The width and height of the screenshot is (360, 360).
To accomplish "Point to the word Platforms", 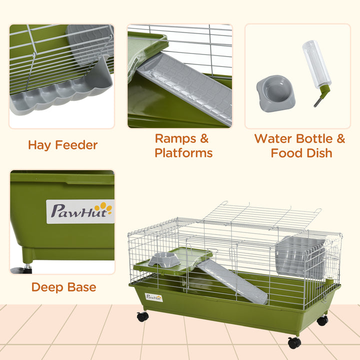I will click(x=183, y=153).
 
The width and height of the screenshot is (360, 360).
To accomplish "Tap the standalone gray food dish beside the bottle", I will click(x=275, y=92).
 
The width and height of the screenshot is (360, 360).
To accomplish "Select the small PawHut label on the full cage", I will click(x=154, y=297).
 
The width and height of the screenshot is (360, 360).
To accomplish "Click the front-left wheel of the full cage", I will click(x=143, y=316).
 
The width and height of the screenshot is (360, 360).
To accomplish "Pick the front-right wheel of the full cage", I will click(x=294, y=342).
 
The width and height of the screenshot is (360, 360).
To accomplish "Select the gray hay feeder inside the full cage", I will click(x=301, y=257).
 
